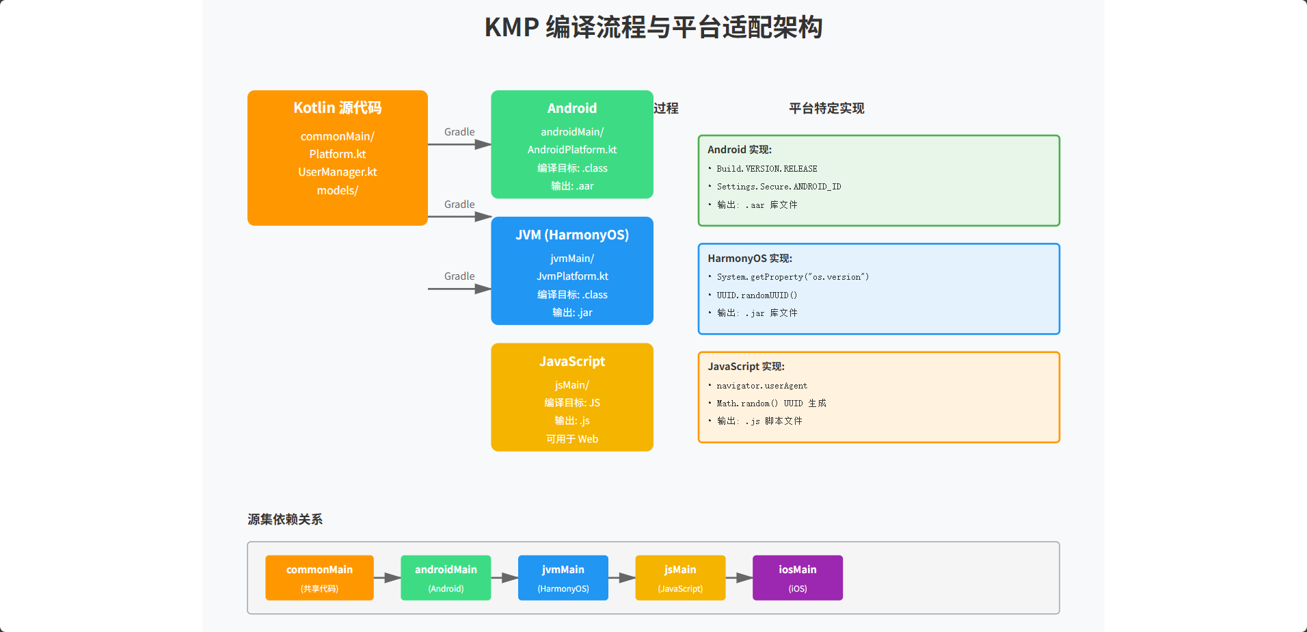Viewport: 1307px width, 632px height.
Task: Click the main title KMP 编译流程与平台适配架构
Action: (653, 28)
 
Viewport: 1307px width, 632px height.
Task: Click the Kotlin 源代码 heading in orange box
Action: (337, 108)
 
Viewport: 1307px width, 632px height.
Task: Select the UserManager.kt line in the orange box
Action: (337, 172)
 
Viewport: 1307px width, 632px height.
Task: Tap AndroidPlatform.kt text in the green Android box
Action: (571, 150)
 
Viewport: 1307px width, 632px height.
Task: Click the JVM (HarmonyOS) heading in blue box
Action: (571, 235)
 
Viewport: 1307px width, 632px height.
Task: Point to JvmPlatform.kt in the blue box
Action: (571, 276)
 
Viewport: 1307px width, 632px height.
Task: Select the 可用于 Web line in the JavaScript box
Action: (571, 439)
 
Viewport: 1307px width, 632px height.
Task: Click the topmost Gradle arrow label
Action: (459, 132)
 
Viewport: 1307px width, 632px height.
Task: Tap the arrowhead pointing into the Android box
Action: (483, 144)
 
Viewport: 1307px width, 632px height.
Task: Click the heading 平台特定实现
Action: (826, 109)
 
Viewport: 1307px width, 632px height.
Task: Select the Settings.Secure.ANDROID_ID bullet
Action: (779, 187)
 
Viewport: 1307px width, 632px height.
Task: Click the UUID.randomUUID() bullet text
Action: (757, 295)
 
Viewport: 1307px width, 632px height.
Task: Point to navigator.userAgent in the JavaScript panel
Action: (762, 386)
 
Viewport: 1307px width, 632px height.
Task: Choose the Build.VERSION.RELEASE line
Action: (766, 169)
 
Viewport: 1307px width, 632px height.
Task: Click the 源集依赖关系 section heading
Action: (284, 520)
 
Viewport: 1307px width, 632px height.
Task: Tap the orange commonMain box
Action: (319, 578)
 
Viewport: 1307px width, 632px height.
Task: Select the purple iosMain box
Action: (797, 578)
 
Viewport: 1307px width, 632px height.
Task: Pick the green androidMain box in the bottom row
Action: (446, 578)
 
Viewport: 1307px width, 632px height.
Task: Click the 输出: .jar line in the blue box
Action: (571, 313)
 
